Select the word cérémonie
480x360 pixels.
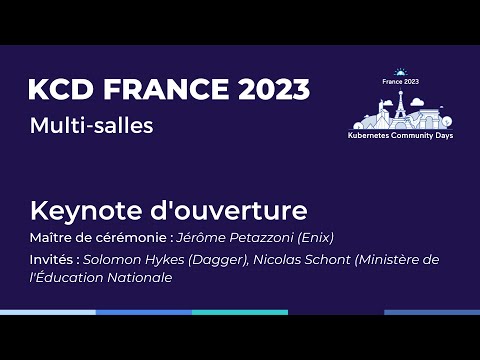click(x=132, y=238)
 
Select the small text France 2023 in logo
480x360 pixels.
click(x=400, y=81)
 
